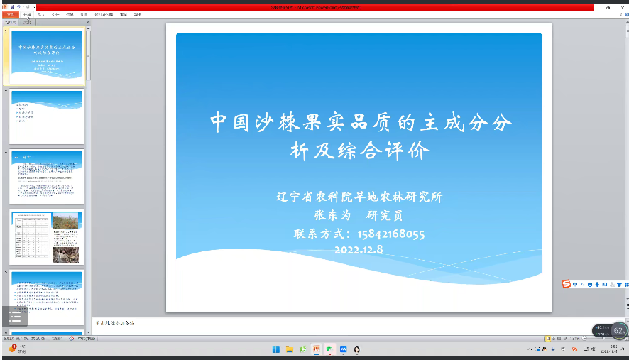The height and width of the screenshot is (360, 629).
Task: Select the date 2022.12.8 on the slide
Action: point(359,249)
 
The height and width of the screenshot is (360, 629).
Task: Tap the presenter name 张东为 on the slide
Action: point(333,215)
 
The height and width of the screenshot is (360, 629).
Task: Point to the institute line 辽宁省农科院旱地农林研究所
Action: point(359,197)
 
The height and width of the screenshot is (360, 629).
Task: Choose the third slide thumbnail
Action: point(46,177)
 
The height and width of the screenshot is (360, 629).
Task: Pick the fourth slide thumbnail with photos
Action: point(46,237)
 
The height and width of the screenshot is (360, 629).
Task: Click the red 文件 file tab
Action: point(10,14)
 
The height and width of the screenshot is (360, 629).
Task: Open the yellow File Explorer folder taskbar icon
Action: point(290,349)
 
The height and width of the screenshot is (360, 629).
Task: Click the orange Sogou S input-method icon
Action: point(566,284)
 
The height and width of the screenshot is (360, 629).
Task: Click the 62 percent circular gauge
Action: point(618,330)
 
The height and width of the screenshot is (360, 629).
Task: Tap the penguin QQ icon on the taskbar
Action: point(356,349)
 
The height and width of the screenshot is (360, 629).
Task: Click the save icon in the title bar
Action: point(12,6)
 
